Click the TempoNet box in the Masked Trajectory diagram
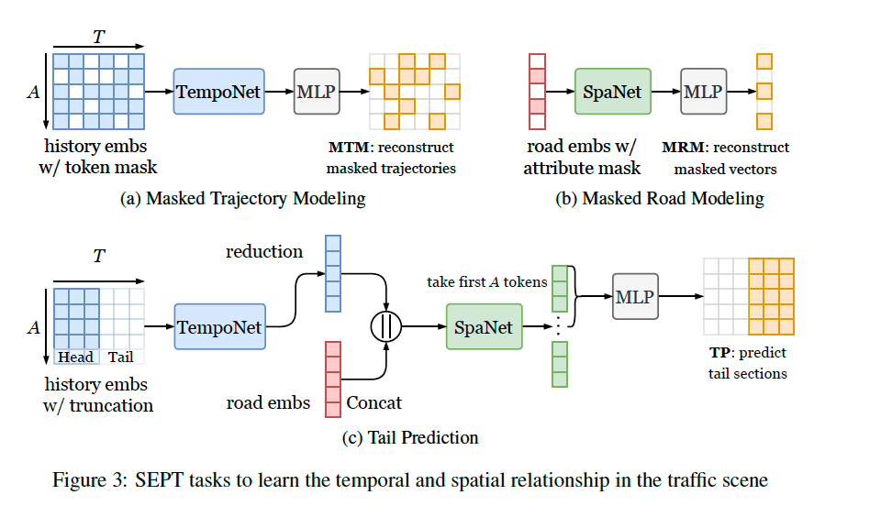click(x=218, y=91)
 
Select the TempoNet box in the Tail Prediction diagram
click(x=219, y=326)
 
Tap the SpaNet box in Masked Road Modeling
click(x=612, y=91)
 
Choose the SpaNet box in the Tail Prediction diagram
click(x=484, y=326)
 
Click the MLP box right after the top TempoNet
click(x=317, y=91)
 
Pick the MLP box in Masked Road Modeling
click(x=703, y=91)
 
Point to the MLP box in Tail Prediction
click(x=635, y=296)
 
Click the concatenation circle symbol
click(x=386, y=326)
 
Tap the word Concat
click(x=374, y=402)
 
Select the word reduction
click(x=264, y=251)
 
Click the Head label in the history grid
click(x=75, y=357)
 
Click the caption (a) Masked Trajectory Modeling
click(x=243, y=198)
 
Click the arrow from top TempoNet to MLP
click(x=279, y=91)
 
